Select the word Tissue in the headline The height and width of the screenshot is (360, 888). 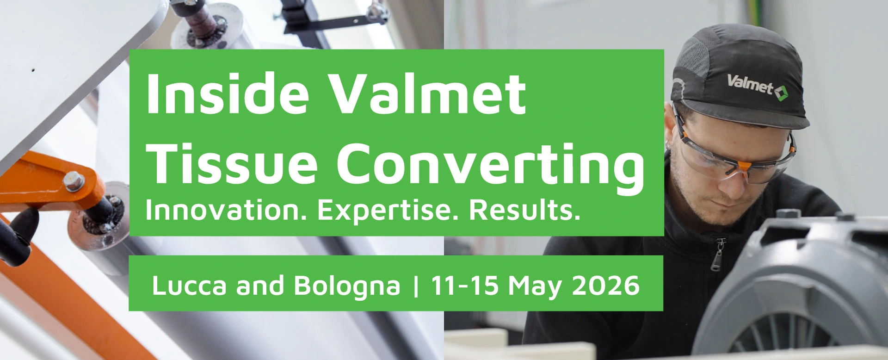[234, 163]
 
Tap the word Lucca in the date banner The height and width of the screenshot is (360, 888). [190, 285]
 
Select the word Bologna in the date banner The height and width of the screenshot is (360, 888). [346, 287]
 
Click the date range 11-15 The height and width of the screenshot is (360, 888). [465, 285]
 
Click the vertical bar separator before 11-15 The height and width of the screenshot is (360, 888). [416, 286]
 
